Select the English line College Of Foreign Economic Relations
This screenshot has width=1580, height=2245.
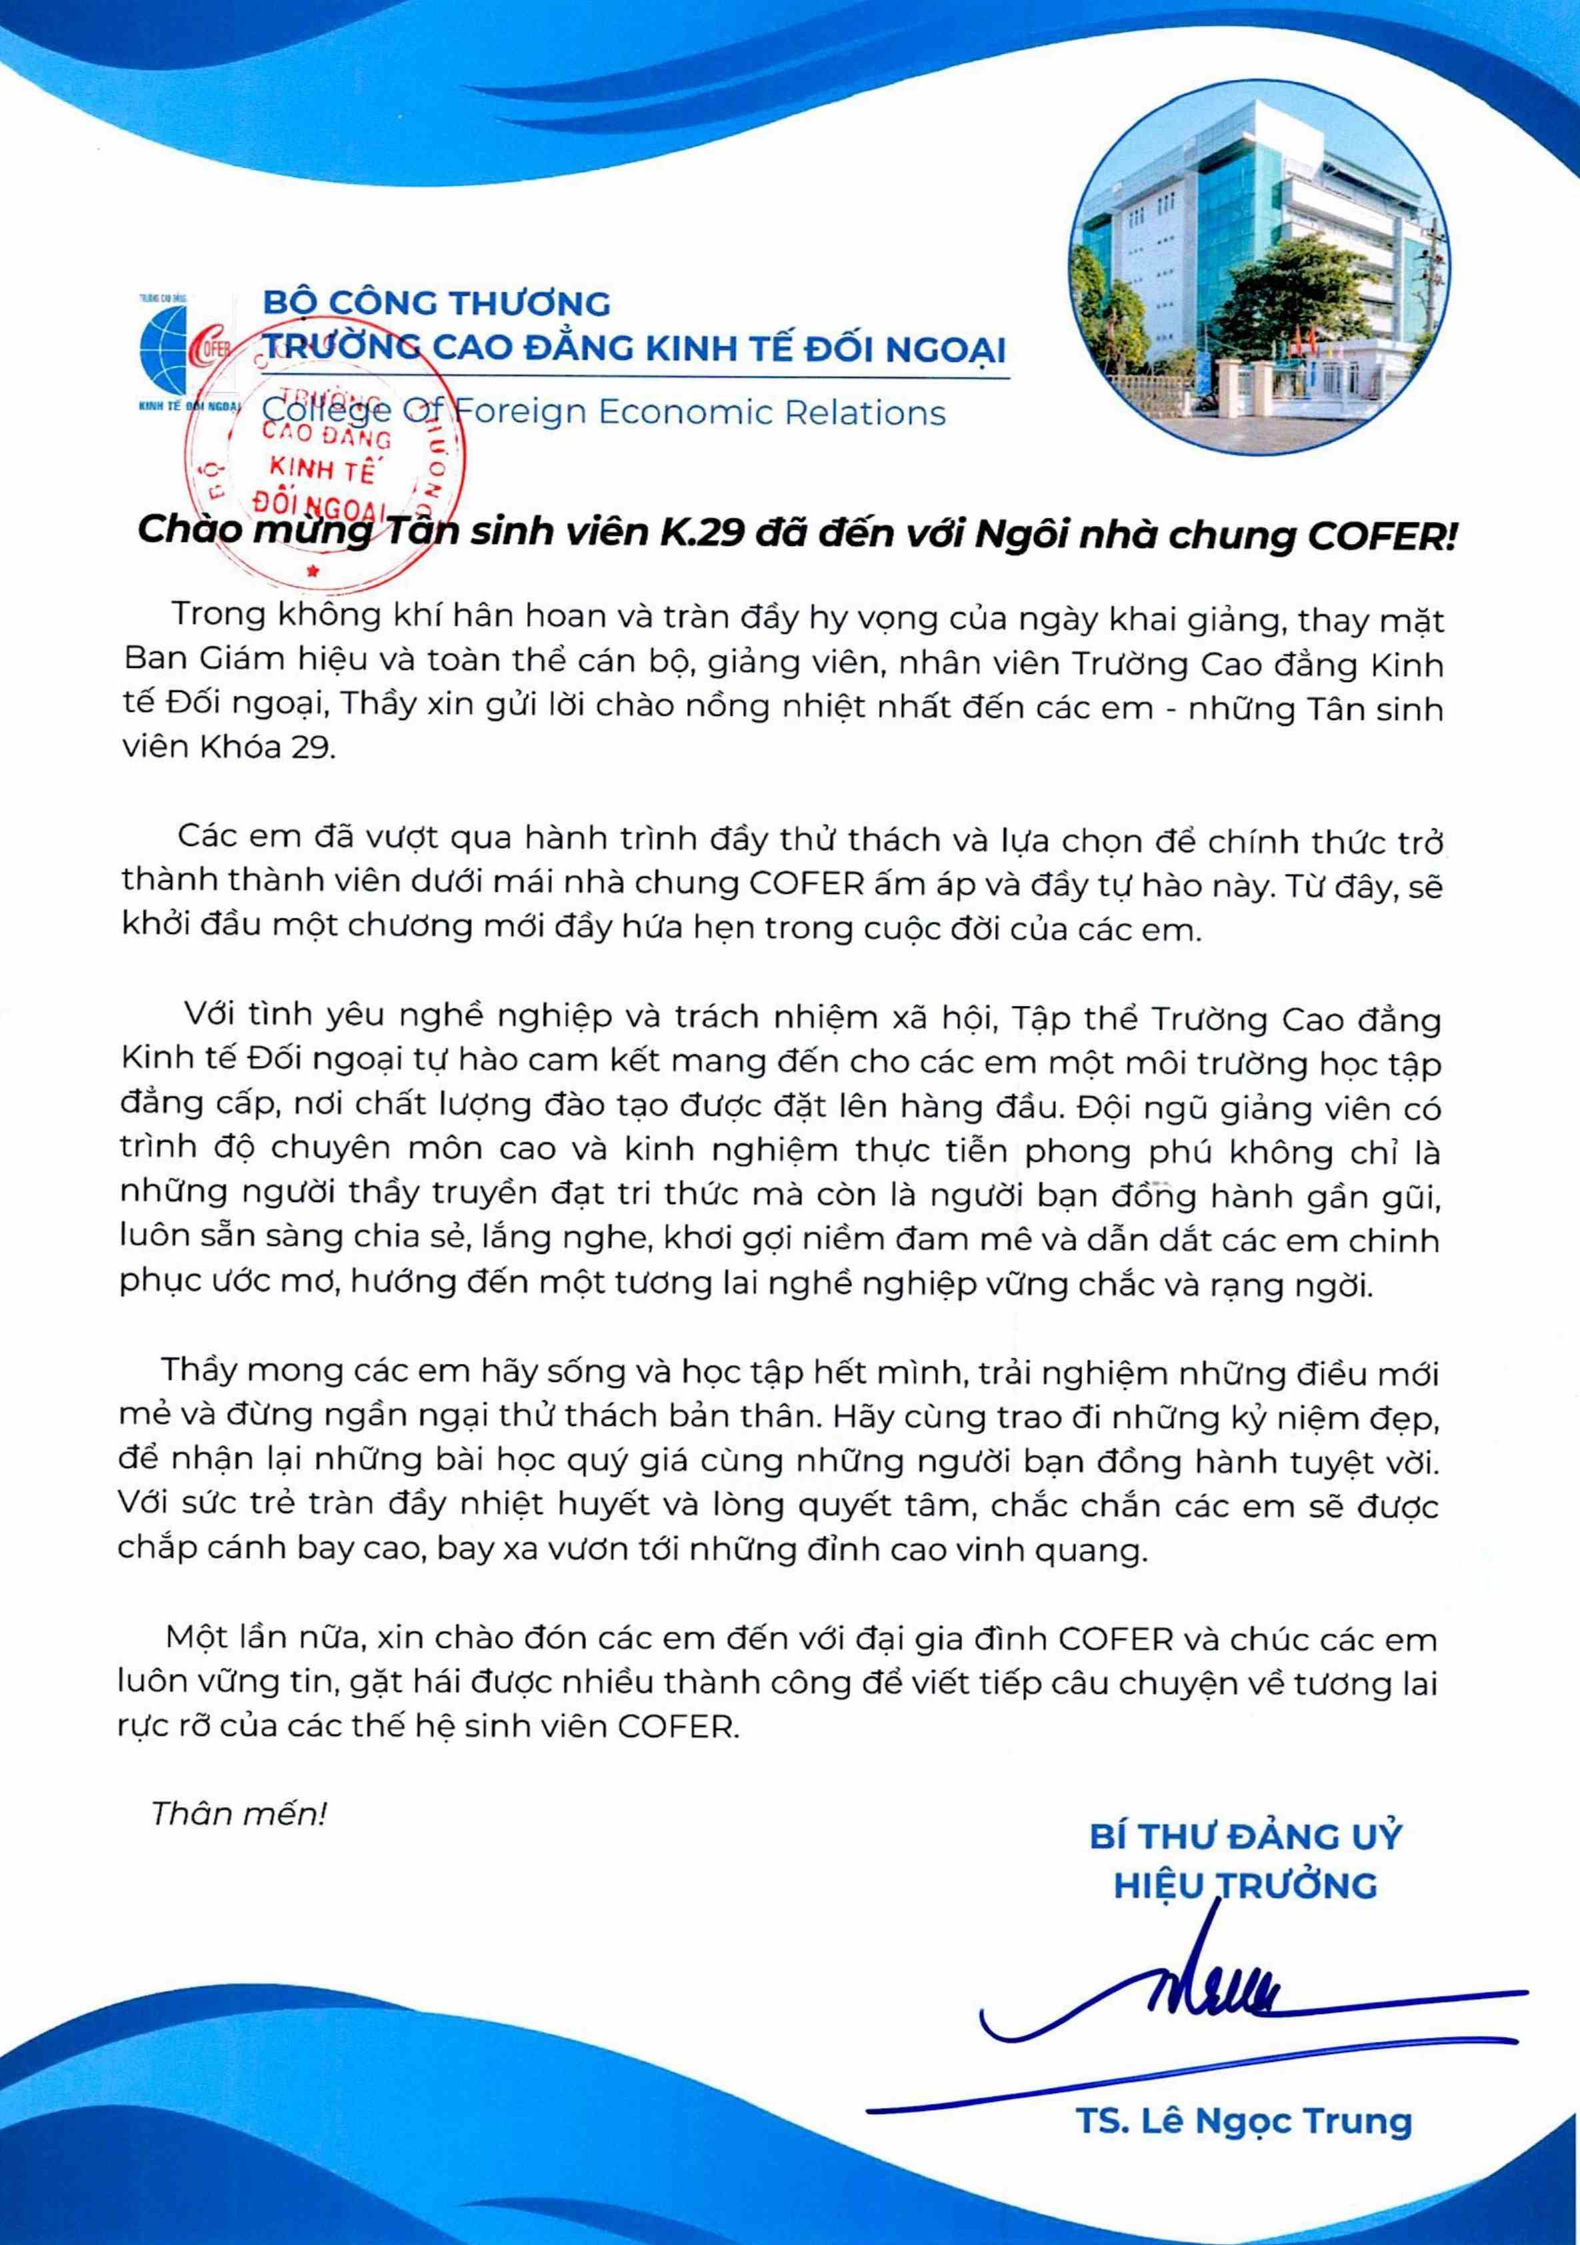[604, 413]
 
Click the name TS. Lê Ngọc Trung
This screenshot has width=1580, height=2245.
[1243, 2121]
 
